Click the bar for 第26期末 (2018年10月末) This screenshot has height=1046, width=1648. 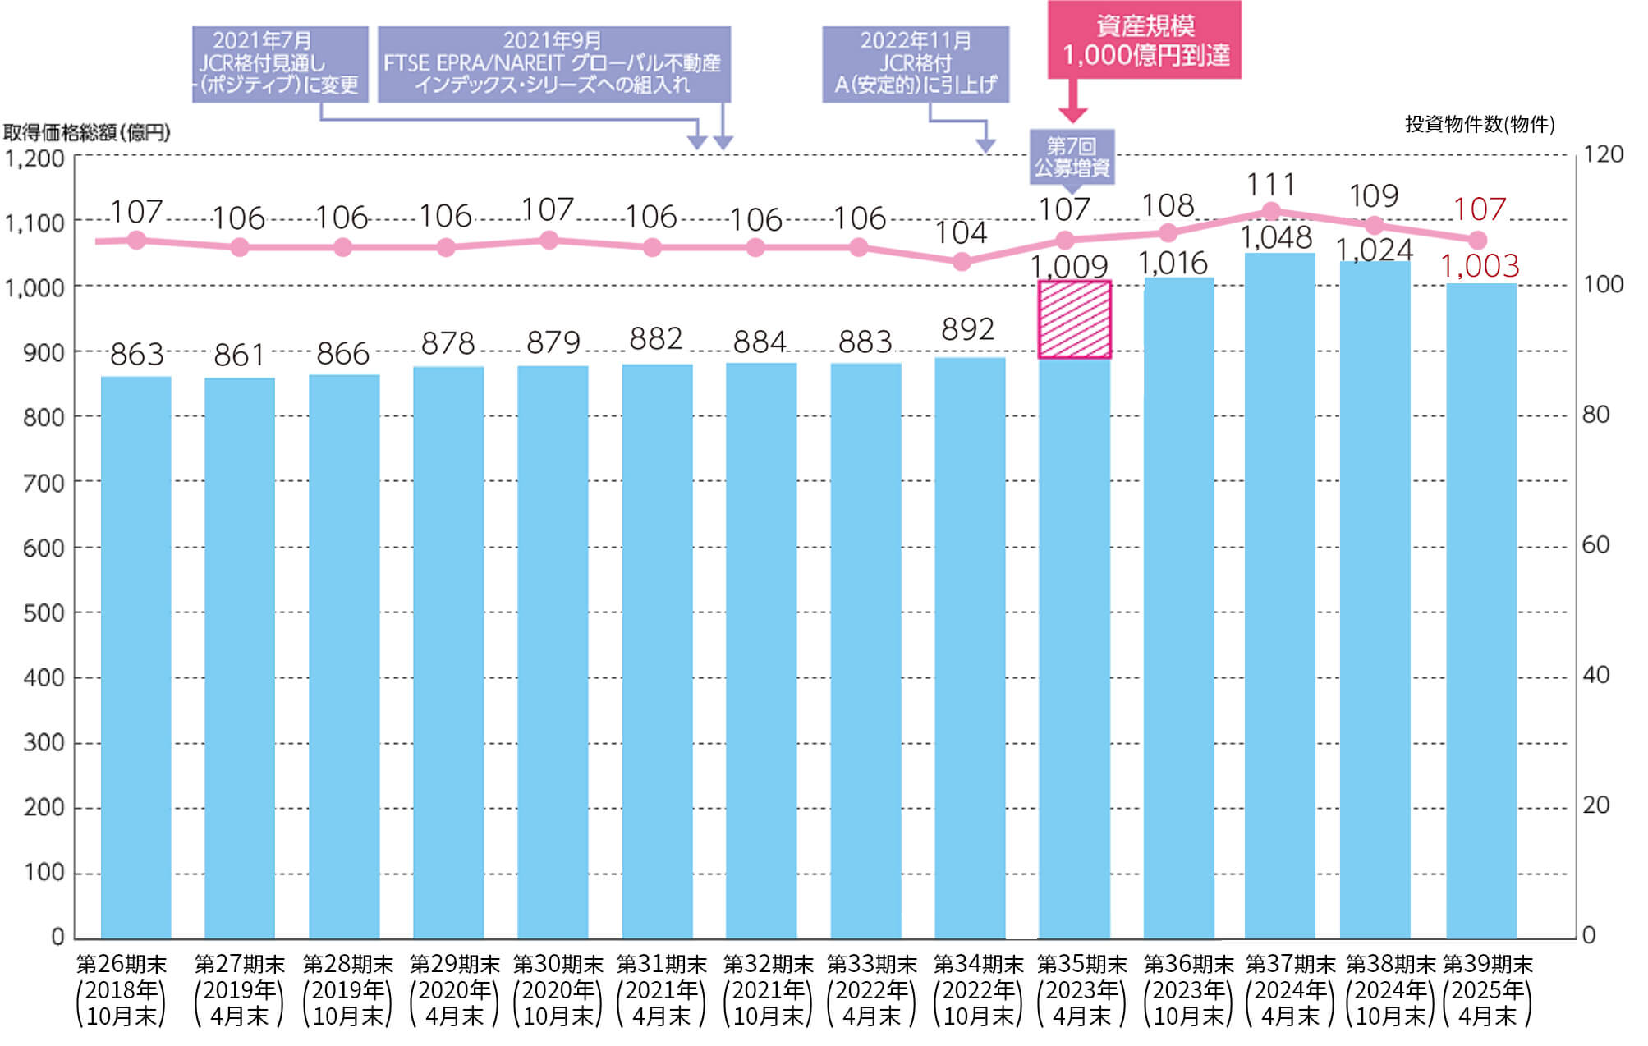coord(135,657)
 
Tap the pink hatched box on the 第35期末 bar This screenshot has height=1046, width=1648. coord(1074,319)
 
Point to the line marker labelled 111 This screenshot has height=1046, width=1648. coord(1271,211)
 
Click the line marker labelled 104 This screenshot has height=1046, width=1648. coord(962,262)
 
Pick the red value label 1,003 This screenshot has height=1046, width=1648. coord(1480,266)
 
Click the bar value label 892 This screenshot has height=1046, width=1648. coord(967,329)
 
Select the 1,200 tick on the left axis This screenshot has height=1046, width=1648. coord(34,158)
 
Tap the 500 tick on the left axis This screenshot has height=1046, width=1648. coord(43,612)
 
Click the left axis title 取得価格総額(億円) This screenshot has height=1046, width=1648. coord(87,132)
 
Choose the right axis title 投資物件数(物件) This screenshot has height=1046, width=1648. coord(1479,125)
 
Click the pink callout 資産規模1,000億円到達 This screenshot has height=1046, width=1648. coord(1144,40)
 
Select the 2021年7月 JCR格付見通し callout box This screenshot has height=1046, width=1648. coord(280,64)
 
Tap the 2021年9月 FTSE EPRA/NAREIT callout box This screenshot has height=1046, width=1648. coord(553,64)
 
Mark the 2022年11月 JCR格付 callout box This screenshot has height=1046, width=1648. coord(916,64)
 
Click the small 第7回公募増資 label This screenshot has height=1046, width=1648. coord(1072,156)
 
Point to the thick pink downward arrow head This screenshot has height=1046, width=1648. coord(1072,115)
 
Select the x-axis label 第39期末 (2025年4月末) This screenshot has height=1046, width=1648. coord(1487,989)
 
